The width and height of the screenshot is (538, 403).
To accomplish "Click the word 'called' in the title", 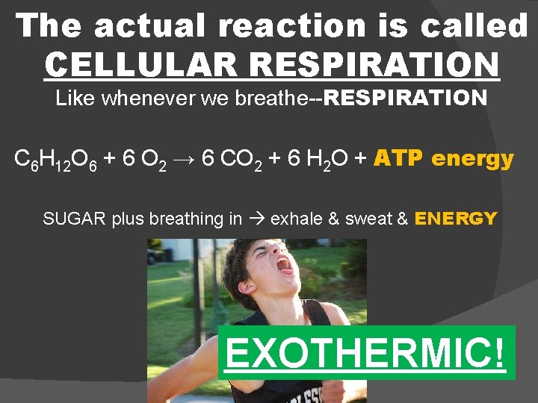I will pos(474,26).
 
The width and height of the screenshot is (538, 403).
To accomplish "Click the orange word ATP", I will pos(398,158).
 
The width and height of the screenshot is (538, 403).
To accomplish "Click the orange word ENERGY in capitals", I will pos(456,219).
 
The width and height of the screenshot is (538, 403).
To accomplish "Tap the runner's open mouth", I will pos(285,266).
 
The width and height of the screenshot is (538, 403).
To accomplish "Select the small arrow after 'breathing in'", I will pos(256,219).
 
